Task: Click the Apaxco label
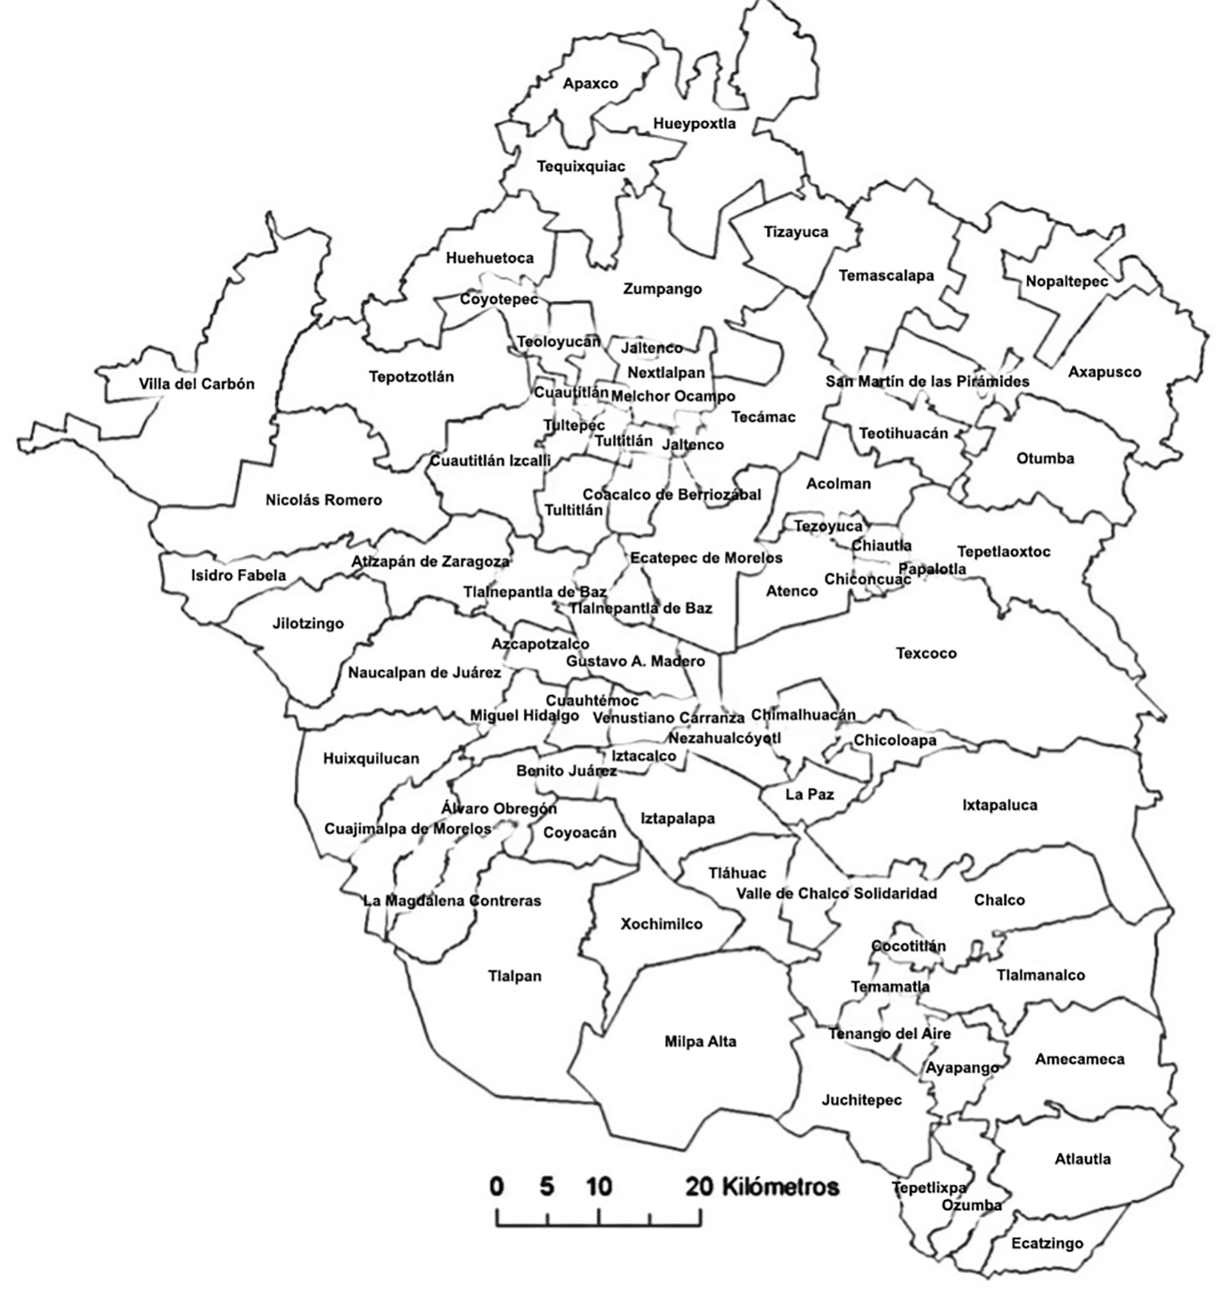(x=590, y=84)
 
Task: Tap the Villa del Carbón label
(x=197, y=384)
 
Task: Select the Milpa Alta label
(x=700, y=1042)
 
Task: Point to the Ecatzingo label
(x=1047, y=1243)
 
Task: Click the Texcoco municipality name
(x=926, y=654)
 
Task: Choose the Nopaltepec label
(x=1066, y=281)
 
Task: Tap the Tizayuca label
(x=796, y=232)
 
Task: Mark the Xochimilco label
(x=661, y=924)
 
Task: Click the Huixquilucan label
(x=371, y=758)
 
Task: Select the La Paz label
(x=809, y=795)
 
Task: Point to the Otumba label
(x=1045, y=458)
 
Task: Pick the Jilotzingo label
(x=308, y=624)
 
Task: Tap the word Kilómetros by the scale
(x=780, y=1187)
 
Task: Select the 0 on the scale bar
(x=496, y=1187)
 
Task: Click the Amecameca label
(x=1080, y=1059)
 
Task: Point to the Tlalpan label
(x=514, y=977)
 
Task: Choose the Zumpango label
(x=662, y=289)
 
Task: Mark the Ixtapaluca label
(x=1000, y=806)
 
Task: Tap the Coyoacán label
(x=579, y=833)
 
